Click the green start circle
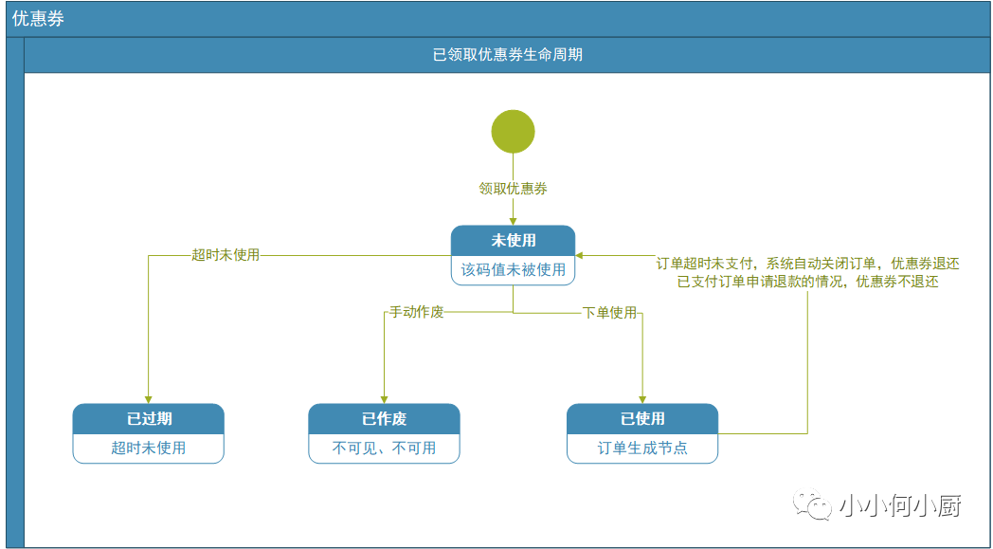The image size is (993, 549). pos(513,131)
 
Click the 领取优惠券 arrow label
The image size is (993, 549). pos(513,189)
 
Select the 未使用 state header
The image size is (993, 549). pos(513,241)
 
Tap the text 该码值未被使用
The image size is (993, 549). pos(513,270)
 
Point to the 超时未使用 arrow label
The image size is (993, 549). pos(226,255)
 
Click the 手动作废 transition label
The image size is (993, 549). pos(415,313)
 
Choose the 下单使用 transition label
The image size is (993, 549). pos(609,313)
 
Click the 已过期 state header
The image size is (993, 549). pos(148,419)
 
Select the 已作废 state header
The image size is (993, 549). pos(384,419)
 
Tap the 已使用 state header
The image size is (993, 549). pos(642,419)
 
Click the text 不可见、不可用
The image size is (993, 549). pos(384,448)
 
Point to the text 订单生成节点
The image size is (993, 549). pos(642,448)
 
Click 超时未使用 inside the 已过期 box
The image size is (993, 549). pos(148,448)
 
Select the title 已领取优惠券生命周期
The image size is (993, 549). pos(507,55)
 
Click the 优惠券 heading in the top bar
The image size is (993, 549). pos(38,19)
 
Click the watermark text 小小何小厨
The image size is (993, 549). pos(900,506)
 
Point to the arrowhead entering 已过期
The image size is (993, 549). pos(148,399)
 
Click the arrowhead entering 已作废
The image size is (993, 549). pos(384,399)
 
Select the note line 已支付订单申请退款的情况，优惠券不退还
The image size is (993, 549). pos(808,284)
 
